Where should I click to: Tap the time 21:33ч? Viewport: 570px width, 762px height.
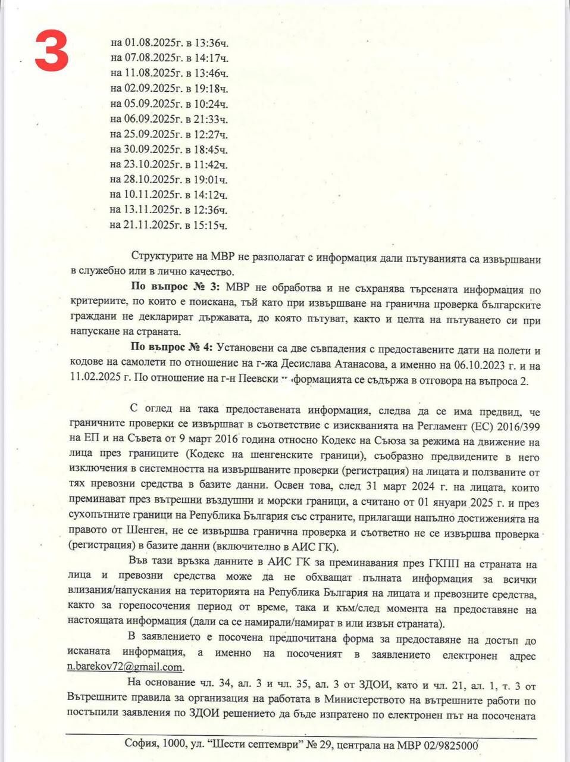211,119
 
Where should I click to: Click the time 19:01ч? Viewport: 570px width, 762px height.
211,180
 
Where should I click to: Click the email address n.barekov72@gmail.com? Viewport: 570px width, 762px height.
126,667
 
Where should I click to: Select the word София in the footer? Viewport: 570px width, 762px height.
140,744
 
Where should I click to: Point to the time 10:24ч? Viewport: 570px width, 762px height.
211,104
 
